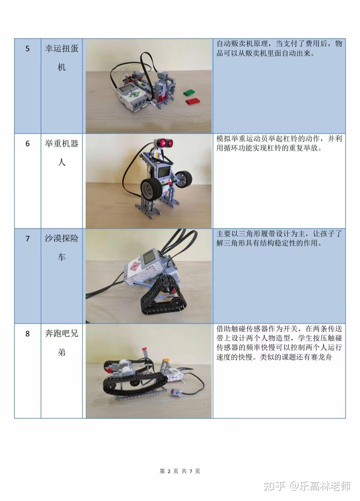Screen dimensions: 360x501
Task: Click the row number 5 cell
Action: pos(27,86)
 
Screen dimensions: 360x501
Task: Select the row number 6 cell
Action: pos(27,181)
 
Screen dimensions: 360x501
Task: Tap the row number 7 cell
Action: pos(27,276)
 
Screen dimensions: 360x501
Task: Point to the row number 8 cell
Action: pos(27,371)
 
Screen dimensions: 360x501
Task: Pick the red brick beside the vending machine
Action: pos(192,101)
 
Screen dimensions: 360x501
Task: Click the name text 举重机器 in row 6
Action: pos(62,143)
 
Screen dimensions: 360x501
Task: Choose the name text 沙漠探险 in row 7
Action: pos(62,238)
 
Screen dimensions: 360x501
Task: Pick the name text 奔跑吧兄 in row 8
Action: pos(62,334)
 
